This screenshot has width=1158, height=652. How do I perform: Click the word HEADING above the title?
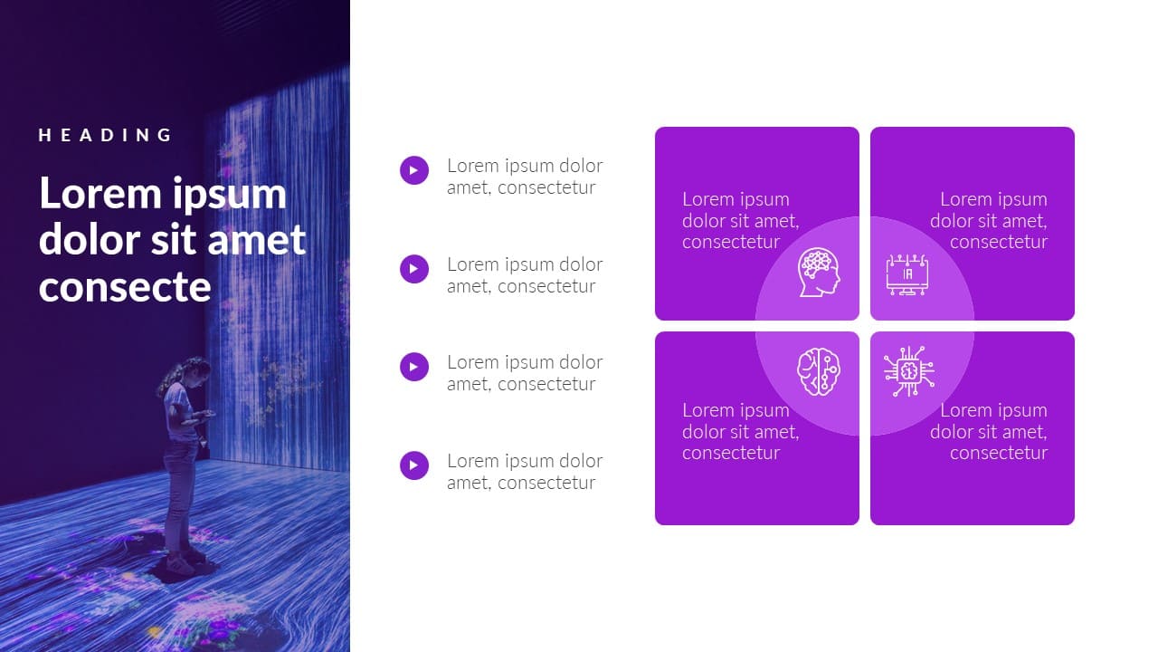tap(105, 135)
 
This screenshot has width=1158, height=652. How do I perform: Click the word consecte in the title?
tap(125, 287)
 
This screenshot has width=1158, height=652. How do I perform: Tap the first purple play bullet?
tap(414, 170)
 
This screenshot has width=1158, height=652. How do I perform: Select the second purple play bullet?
tap(414, 269)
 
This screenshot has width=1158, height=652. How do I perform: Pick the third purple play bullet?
tap(414, 367)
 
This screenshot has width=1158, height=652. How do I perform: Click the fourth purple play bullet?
tap(414, 465)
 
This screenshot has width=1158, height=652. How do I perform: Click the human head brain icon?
tap(819, 273)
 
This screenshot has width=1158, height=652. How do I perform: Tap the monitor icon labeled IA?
tap(906, 274)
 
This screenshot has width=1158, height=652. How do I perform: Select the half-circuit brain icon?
tap(819, 371)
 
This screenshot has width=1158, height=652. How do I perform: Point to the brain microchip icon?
tap(909, 371)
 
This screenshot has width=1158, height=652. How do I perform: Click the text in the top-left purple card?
tap(740, 221)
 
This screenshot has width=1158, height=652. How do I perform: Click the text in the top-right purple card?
tap(989, 221)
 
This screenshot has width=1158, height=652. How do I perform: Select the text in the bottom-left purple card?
tap(740, 432)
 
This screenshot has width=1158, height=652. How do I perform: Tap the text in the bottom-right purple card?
tap(989, 432)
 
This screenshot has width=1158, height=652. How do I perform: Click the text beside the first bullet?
tap(525, 177)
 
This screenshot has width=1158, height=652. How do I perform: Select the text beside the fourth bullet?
tap(525, 472)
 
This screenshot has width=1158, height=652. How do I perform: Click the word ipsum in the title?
tap(229, 195)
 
